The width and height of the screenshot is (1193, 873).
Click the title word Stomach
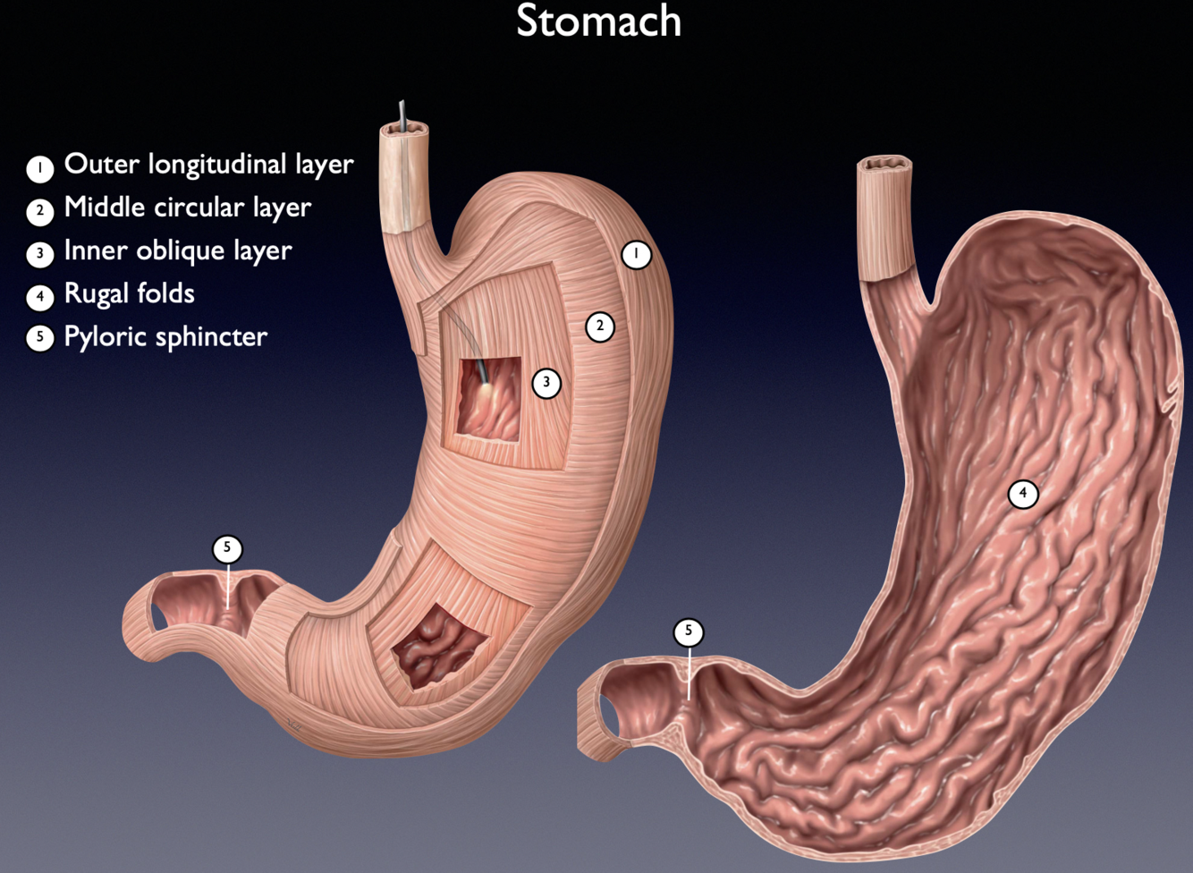pyautogui.click(x=598, y=21)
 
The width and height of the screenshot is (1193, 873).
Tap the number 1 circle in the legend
pyautogui.click(x=39, y=168)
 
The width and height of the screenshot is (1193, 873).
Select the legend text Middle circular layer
pyautogui.click(x=187, y=208)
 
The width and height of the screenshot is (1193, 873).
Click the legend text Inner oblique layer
pyautogui.click(x=177, y=250)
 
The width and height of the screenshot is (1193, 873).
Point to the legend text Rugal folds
pyautogui.click(x=129, y=293)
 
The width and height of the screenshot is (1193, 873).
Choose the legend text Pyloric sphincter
pyautogui.click(x=165, y=336)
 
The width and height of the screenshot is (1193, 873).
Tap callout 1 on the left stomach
pyautogui.click(x=636, y=254)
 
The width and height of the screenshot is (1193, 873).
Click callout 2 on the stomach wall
pyautogui.click(x=600, y=326)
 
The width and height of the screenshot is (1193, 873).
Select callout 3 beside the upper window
pyautogui.click(x=546, y=383)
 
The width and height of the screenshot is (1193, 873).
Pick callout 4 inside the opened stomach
pyautogui.click(x=1023, y=493)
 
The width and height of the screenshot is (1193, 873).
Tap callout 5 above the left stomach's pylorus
pyautogui.click(x=227, y=547)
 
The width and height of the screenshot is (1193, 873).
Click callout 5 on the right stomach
pyautogui.click(x=689, y=631)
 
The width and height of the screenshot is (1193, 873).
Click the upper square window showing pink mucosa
pyautogui.click(x=488, y=399)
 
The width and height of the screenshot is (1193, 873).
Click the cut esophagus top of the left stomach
pyautogui.click(x=404, y=133)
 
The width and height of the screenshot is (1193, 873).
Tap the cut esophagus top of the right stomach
pyautogui.click(x=884, y=165)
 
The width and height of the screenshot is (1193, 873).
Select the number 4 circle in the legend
pyautogui.click(x=39, y=297)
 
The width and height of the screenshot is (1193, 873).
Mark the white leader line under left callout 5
pyautogui.click(x=228, y=586)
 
